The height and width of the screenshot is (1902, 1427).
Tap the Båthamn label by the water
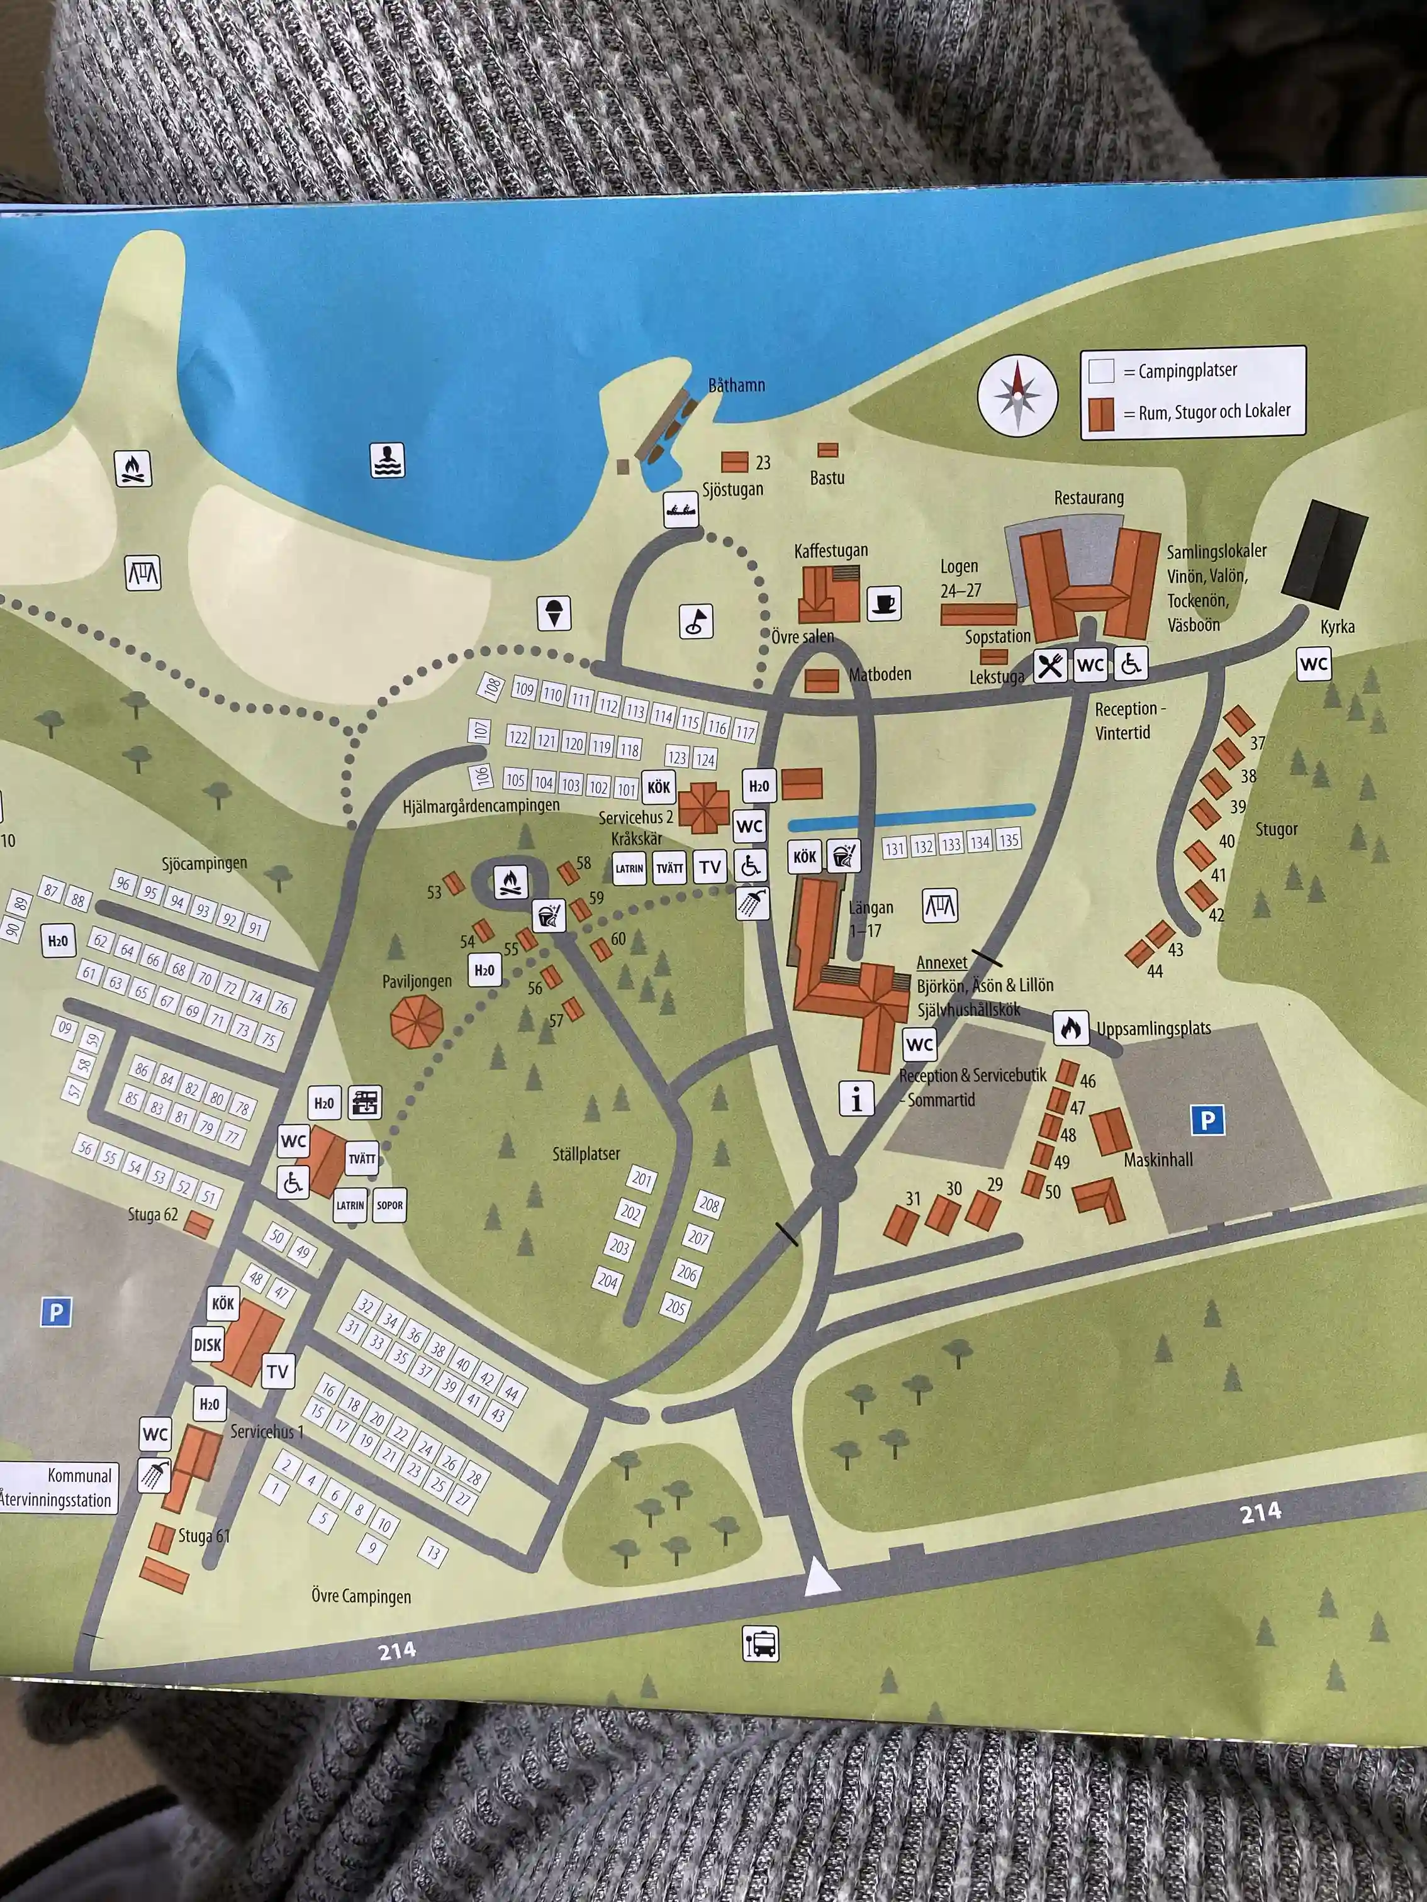pos(736,385)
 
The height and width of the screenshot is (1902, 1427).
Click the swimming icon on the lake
pos(387,460)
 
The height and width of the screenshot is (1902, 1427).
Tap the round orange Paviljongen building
pos(417,1021)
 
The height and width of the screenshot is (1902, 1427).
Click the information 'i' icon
pos(856,1099)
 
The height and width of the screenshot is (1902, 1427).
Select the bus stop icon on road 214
pos(761,1643)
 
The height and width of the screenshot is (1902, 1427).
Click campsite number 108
pos(491,686)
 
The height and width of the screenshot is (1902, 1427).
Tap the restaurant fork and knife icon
pos(1049,665)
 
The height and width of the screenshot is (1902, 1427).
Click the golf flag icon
pos(696,621)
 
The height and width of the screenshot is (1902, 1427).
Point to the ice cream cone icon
pos(554,613)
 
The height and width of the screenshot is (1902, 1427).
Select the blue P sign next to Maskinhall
pos(1207,1120)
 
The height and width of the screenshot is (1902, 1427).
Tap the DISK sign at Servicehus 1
pos(207,1345)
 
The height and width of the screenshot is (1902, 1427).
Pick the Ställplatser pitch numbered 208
pos(708,1204)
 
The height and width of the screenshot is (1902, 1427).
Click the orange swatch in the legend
pos(1101,414)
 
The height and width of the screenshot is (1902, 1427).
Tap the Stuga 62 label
pos(152,1214)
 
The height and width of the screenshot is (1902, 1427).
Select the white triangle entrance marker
pos(820,1579)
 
